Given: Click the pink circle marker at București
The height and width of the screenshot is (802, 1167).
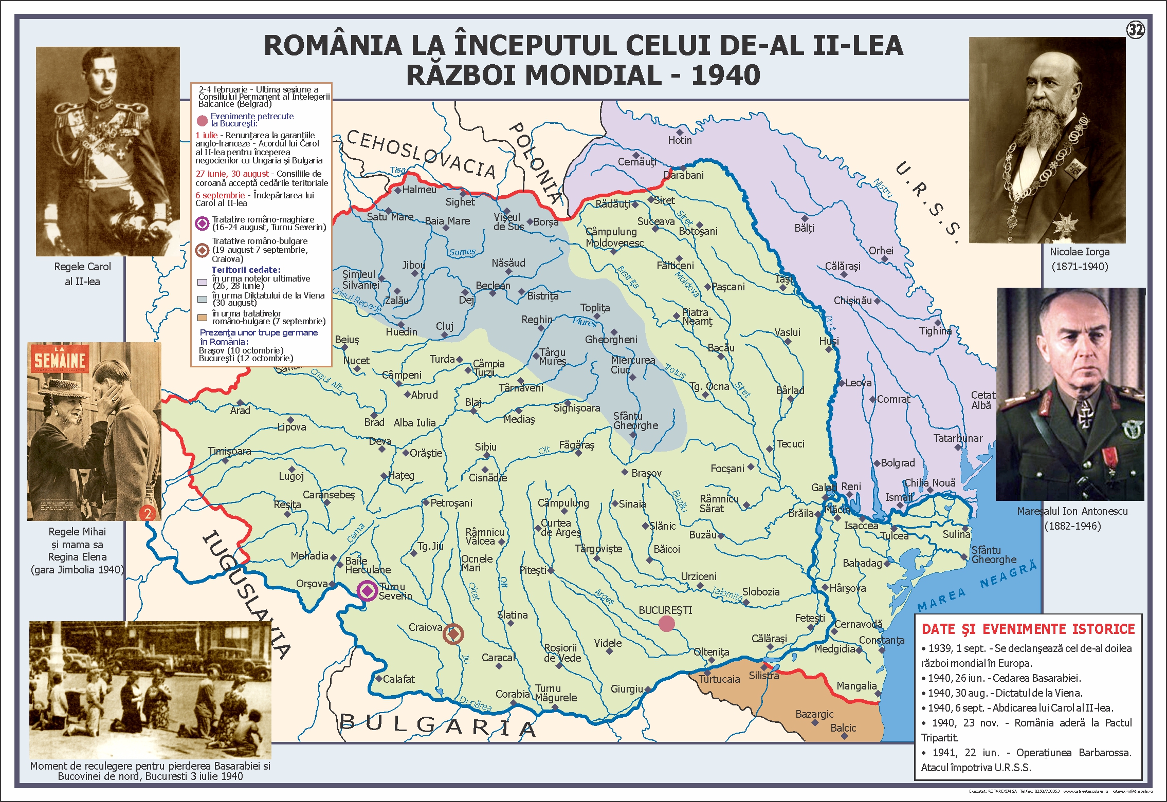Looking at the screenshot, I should click(x=666, y=624).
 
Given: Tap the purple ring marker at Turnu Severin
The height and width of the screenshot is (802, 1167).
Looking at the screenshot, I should click(x=368, y=591).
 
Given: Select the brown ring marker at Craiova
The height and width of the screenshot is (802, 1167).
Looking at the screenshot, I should click(x=453, y=634).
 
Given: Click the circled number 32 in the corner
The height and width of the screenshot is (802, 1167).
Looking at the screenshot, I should click(x=1136, y=30).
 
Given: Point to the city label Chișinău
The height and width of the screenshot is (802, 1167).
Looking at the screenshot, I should click(x=852, y=301).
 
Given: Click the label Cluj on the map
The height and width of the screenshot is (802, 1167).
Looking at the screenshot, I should click(x=445, y=326).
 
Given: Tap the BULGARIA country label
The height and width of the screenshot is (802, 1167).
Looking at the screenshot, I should click(x=437, y=725).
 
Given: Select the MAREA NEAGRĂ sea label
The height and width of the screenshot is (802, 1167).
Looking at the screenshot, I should click(x=977, y=587).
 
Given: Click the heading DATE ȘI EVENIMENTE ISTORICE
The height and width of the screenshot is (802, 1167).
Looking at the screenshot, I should click(x=1028, y=629).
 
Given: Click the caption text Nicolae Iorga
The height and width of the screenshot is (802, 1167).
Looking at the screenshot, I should click(x=1080, y=252).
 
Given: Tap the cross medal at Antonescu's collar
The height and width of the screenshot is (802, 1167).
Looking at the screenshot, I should click(x=1085, y=419).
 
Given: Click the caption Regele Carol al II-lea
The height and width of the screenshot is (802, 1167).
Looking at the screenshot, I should click(x=82, y=274).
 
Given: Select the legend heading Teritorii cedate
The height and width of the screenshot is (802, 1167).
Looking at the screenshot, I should click(x=246, y=270).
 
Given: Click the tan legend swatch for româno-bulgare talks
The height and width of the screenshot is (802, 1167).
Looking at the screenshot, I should click(x=203, y=318).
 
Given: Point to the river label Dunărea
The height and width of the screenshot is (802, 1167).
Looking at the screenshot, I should click(x=475, y=704).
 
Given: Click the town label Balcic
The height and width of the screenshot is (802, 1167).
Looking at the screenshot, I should click(x=843, y=728).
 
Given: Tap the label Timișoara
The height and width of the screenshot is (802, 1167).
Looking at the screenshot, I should click(x=229, y=451).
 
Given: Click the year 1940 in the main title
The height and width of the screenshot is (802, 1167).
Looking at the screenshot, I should click(x=725, y=75).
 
